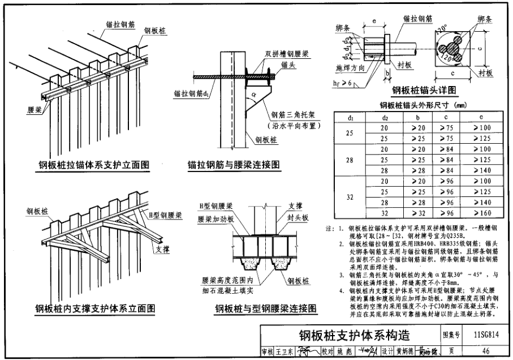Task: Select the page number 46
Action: point(487,351)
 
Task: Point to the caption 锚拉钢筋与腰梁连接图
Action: point(234,165)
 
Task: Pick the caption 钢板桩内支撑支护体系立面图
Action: point(94,308)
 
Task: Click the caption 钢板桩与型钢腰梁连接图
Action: point(265,308)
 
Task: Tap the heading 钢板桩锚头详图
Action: point(424,90)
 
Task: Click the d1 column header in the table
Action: point(351,118)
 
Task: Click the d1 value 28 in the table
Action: point(351,161)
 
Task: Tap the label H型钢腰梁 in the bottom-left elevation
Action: point(165,216)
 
